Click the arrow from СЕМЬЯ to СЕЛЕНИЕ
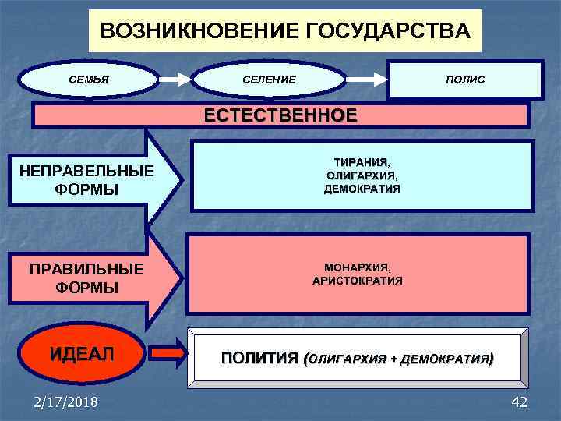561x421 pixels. coord(175,80)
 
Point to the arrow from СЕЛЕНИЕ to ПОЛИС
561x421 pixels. coord(367,80)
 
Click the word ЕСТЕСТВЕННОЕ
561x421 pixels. coord(280,116)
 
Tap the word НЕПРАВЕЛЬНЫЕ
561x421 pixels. coord(87,172)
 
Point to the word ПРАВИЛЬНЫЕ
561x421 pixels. coord(87,270)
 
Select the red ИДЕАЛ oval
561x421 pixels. coord(82,353)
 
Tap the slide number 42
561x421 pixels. coord(518,402)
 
